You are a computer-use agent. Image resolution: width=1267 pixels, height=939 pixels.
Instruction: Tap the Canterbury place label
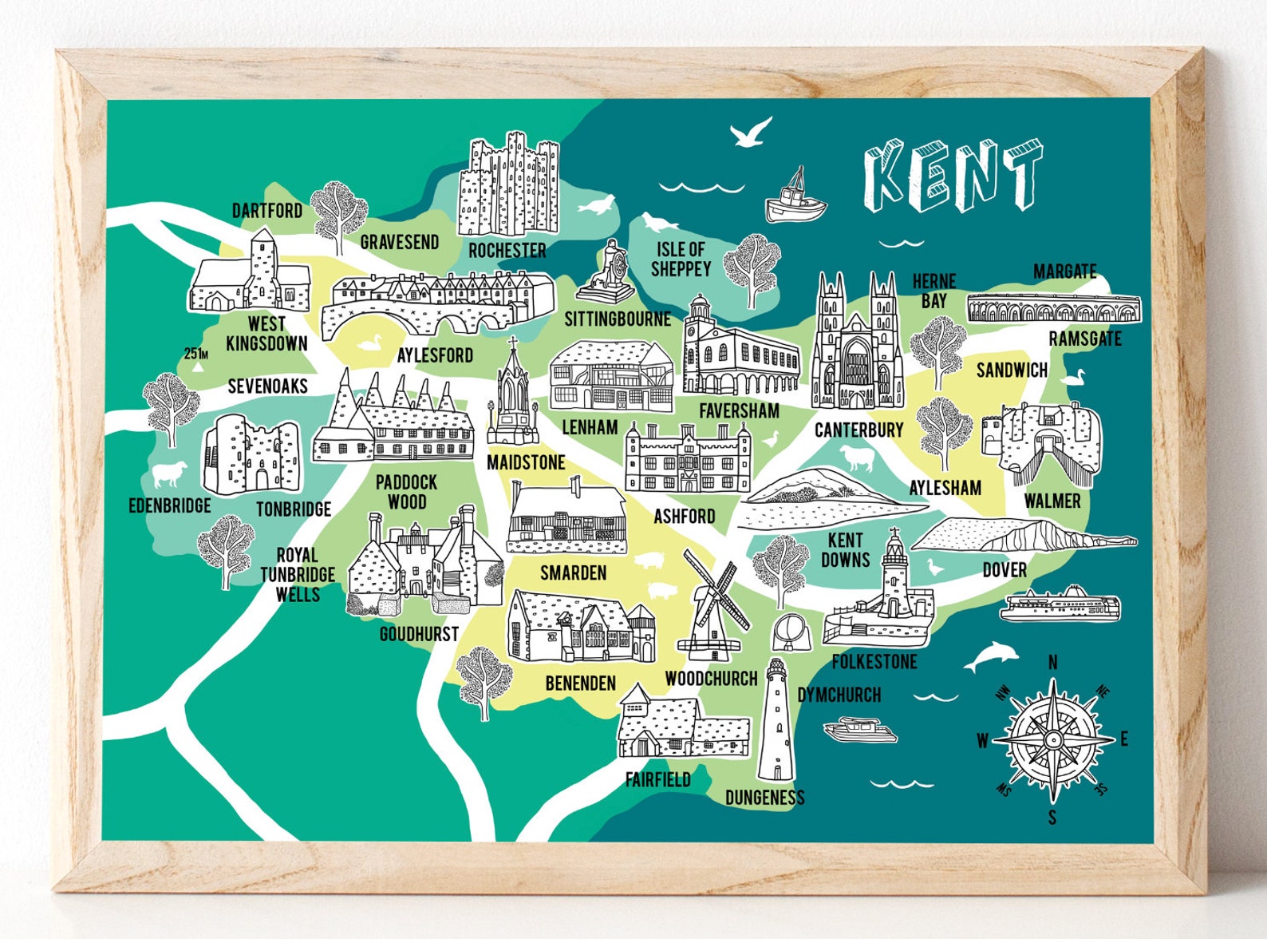click(x=858, y=430)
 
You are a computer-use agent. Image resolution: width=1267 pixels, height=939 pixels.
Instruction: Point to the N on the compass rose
click(x=1052, y=662)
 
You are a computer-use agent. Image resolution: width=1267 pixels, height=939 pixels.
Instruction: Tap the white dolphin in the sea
click(x=990, y=657)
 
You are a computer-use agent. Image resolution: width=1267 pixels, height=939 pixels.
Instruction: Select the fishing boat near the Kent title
click(x=795, y=200)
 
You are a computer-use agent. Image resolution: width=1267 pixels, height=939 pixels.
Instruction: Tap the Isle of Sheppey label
click(x=681, y=260)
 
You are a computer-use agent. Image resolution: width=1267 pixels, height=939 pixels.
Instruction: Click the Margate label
click(x=1064, y=271)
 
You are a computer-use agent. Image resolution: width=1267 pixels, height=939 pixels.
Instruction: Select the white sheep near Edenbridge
click(x=169, y=473)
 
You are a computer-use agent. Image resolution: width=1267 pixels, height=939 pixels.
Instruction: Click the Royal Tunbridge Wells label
click(x=297, y=575)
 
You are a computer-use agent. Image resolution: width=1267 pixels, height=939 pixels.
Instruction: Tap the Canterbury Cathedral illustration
click(x=857, y=343)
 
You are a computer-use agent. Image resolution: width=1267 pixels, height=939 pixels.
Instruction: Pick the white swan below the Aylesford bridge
click(x=369, y=343)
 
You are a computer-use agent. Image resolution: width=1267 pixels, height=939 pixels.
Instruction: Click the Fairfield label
click(x=657, y=780)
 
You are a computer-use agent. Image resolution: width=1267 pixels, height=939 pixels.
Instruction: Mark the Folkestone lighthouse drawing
click(x=894, y=575)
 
